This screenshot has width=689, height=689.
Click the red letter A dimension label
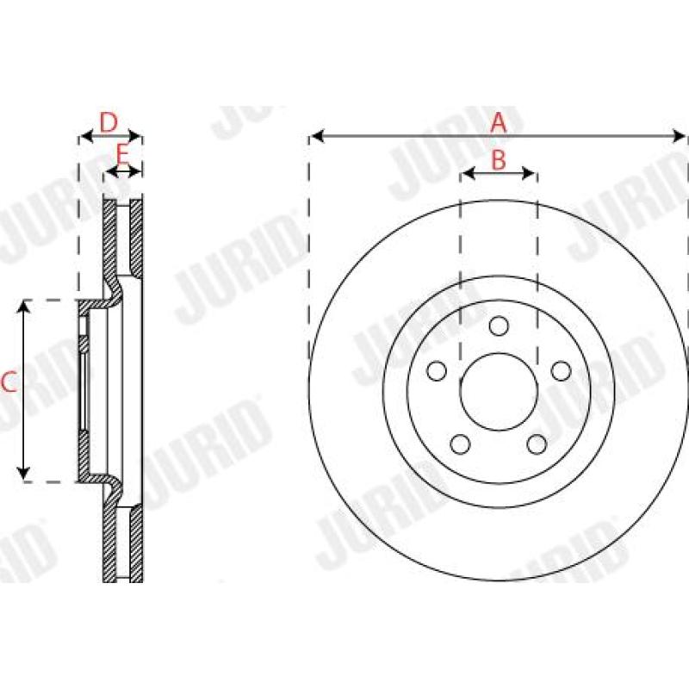(498, 123)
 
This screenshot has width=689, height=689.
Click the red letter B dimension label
(498, 159)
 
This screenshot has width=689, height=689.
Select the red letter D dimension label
(109, 121)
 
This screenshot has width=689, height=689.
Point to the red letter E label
(122, 155)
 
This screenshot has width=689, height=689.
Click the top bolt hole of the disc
(499, 326)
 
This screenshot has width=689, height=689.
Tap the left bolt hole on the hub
(438, 371)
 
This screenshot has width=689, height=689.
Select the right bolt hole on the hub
(561, 371)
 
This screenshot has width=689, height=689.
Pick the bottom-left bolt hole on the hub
(461, 444)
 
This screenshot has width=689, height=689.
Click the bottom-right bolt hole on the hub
(537, 444)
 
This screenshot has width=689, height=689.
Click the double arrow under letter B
(499, 174)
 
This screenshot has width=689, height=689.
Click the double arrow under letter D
(109, 136)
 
